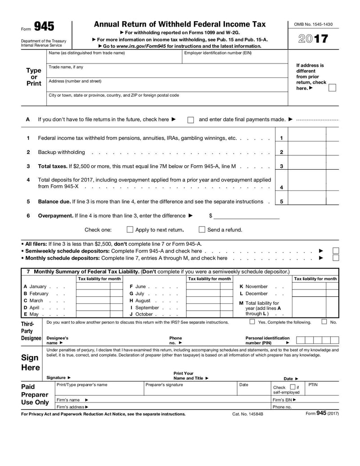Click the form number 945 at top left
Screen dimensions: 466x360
(x=44, y=27)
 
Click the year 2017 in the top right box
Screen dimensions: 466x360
(x=313, y=39)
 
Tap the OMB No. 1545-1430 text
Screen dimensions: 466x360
(x=313, y=24)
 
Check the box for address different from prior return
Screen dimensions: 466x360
(x=332, y=88)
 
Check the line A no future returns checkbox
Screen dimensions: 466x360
(x=191, y=120)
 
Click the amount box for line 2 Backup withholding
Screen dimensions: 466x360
(x=307, y=152)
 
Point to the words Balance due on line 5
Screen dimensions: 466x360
(x=54, y=202)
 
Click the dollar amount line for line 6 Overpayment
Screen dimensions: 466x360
(x=246, y=216)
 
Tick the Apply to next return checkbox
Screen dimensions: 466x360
(x=130, y=230)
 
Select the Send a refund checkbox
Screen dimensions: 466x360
(x=202, y=230)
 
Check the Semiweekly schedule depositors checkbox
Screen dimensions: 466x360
(x=336, y=251)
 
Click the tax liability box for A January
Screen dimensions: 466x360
(x=93, y=286)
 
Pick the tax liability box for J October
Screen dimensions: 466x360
(x=203, y=314)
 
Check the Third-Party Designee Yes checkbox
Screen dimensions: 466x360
(x=252, y=322)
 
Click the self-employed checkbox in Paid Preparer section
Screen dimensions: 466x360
(x=292, y=387)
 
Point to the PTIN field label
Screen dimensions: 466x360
(x=313, y=385)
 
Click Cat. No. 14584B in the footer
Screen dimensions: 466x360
(x=247, y=414)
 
